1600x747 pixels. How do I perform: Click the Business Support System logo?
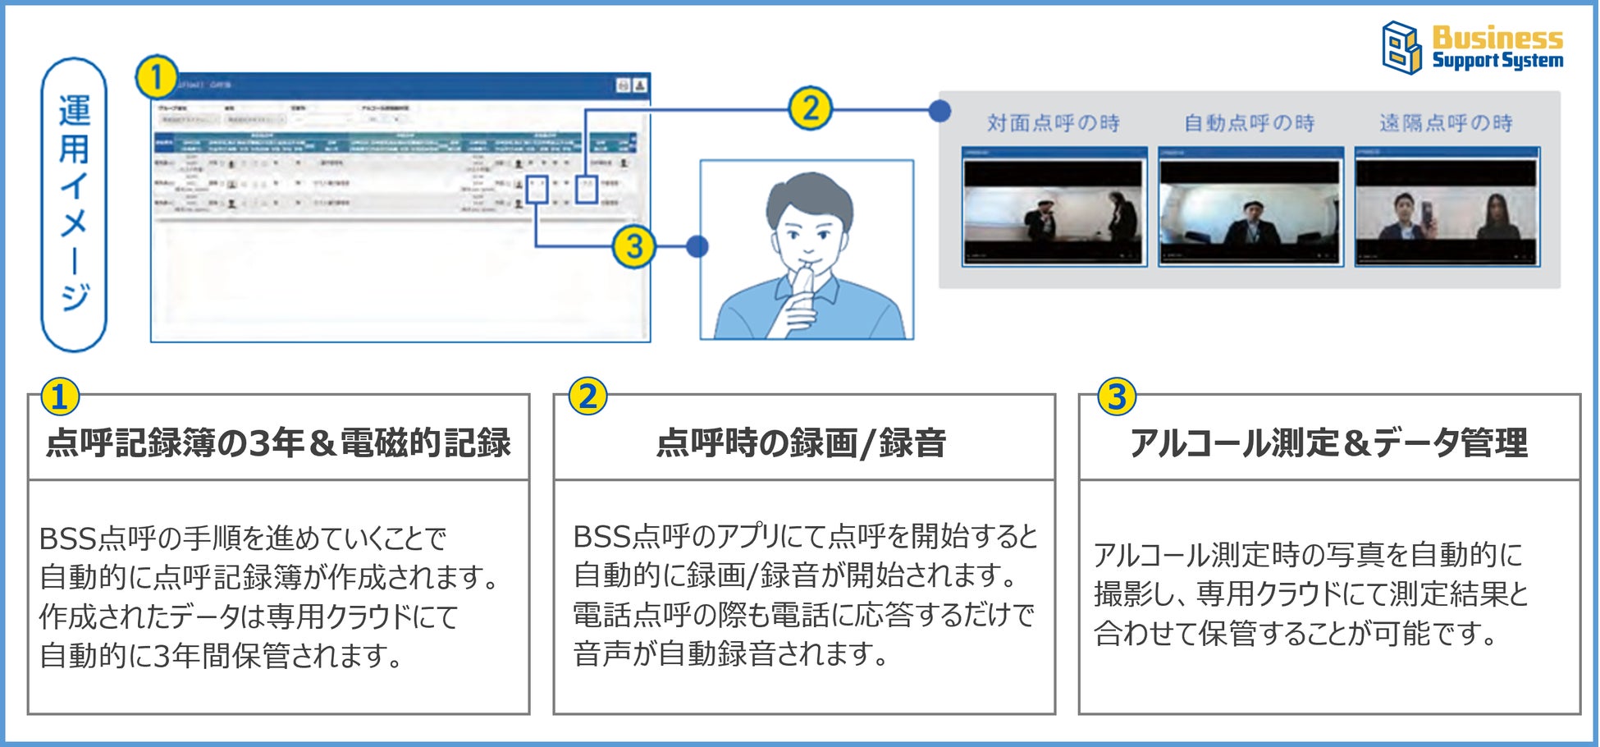[x=1473, y=48]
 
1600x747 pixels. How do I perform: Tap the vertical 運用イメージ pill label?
[x=74, y=204]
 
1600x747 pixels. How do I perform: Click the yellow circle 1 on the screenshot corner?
[x=156, y=78]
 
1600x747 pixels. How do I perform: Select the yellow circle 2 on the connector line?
[x=810, y=109]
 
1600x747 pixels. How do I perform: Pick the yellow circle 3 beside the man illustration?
[x=633, y=246]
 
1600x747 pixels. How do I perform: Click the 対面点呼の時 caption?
[x=1054, y=123]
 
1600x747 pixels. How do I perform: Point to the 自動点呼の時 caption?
[x=1249, y=123]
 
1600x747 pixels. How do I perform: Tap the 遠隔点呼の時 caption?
[x=1446, y=123]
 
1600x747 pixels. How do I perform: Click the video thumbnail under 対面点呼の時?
[x=1054, y=208]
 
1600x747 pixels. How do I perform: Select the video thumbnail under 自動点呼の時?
[x=1250, y=208]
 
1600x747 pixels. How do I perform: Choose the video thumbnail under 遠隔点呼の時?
[x=1447, y=208]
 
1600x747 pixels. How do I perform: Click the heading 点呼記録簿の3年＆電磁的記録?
[x=278, y=442]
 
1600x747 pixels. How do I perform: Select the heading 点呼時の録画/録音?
[x=802, y=442]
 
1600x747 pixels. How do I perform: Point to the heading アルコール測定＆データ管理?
[x=1328, y=442]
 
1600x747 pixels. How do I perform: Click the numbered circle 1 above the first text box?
[x=60, y=397]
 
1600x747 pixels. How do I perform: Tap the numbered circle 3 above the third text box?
[x=1117, y=397]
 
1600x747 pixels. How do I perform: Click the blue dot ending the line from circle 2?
[x=940, y=110]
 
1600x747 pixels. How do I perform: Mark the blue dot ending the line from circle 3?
[x=697, y=246]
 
